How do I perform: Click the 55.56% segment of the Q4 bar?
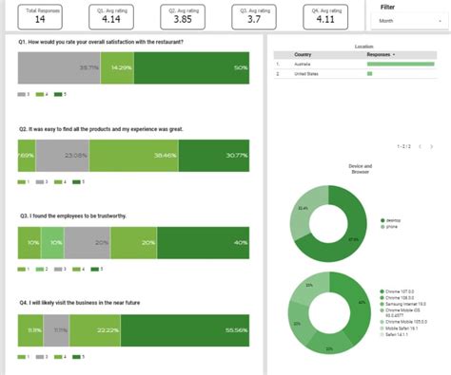click(189, 330)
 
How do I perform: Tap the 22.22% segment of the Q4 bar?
click(92, 330)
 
